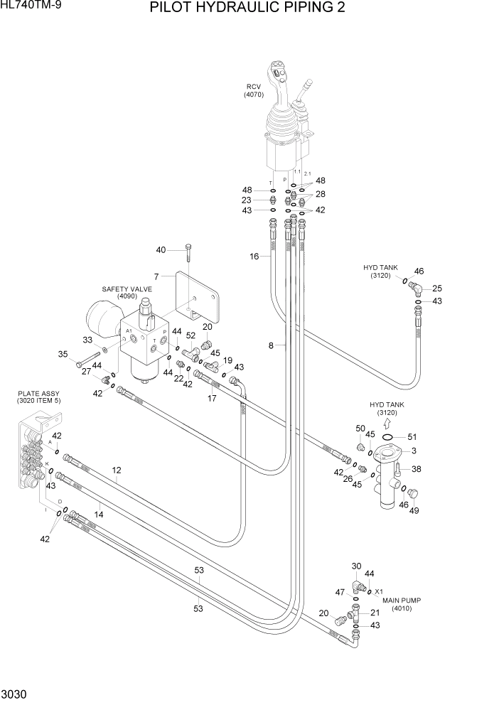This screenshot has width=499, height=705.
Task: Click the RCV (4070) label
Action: click(254, 90)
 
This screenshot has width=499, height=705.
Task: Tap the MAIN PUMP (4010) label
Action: click(402, 604)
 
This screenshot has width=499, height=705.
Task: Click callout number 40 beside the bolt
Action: click(161, 249)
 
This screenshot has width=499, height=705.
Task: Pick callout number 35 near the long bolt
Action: click(63, 354)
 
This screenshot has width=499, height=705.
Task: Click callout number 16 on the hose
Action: click(254, 257)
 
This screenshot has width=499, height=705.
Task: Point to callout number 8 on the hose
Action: click(271, 346)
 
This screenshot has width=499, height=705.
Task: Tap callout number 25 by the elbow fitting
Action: click(437, 289)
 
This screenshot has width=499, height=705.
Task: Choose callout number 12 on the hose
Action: click(117, 470)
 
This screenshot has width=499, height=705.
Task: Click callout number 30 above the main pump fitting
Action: click(357, 566)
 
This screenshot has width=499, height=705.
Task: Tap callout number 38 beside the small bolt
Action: click(417, 468)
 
